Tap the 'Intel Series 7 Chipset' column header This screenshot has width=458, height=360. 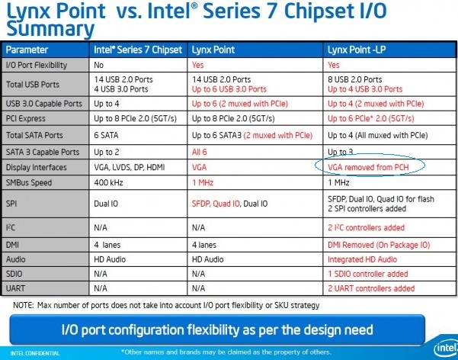[137, 50]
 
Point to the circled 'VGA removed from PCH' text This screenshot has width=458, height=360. [368, 166]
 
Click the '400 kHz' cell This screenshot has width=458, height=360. [110, 182]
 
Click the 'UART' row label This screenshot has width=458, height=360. [18, 288]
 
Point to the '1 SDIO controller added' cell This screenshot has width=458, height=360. [367, 274]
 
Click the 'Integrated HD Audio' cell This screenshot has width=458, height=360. [361, 259]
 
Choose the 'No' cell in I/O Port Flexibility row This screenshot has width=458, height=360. [99, 65]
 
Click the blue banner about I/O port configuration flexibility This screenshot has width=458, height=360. [216, 329]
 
